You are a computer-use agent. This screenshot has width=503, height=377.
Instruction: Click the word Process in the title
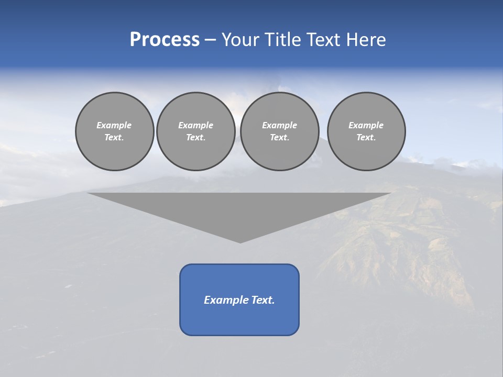tap(165, 40)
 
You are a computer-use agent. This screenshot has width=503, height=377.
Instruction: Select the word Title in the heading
tap(282, 40)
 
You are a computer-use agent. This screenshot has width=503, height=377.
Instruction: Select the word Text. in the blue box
tap(263, 300)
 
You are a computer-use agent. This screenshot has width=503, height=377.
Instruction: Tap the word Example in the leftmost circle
tap(114, 125)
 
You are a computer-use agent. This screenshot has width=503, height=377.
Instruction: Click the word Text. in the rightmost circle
tap(366, 138)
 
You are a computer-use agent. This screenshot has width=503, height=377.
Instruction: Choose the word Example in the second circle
tap(196, 125)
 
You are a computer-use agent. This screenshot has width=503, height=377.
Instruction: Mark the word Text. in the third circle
tap(280, 138)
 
